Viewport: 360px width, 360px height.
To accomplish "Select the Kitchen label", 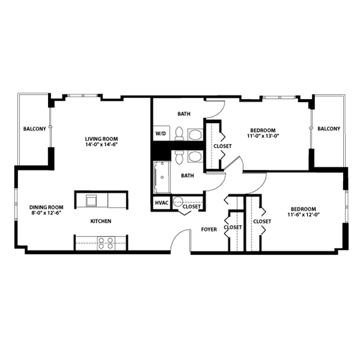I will (101, 221).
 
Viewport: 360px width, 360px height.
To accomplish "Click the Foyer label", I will (208, 230).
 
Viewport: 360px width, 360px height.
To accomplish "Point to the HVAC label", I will (161, 203).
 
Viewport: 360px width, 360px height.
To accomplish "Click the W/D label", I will (161, 133).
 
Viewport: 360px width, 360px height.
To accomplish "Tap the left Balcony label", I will (31, 129).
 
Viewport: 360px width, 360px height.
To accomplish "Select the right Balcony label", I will (328, 129).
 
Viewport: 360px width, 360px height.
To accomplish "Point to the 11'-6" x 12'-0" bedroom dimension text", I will (304, 214).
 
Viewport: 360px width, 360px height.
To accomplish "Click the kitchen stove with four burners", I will (106, 243).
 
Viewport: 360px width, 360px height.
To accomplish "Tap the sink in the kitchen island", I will (91, 200).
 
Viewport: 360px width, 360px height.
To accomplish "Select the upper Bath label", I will (184, 114).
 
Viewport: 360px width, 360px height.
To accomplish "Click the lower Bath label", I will (188, 176).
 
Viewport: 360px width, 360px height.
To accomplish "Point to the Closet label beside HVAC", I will (192, 206).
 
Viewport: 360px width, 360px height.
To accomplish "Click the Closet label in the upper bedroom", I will (223, 145).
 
